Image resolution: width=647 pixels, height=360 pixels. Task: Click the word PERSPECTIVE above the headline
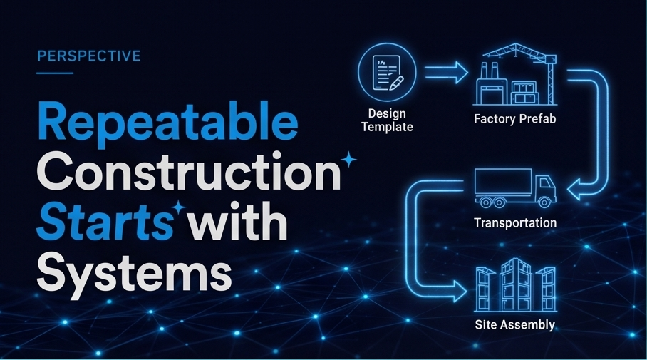[89, 56]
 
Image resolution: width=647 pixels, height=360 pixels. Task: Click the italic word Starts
[105, 220]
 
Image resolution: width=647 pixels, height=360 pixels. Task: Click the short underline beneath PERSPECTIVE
[55, 73]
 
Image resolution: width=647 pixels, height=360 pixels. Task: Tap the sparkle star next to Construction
[349, 160]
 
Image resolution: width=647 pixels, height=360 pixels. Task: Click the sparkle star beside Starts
[179, 208]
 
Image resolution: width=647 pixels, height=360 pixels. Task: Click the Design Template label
[387, 120]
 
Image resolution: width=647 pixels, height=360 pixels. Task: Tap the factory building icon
[517, 74]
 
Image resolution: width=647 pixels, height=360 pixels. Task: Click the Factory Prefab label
[515, 119]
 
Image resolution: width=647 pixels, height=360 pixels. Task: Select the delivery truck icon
[515, 188]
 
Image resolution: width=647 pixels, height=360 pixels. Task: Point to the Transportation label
[515, 223]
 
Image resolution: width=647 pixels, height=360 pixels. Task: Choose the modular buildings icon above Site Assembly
[515, 285]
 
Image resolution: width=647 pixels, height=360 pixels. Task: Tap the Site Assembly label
[515, 325]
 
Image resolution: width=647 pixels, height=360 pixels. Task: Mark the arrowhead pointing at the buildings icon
[460, 291]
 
